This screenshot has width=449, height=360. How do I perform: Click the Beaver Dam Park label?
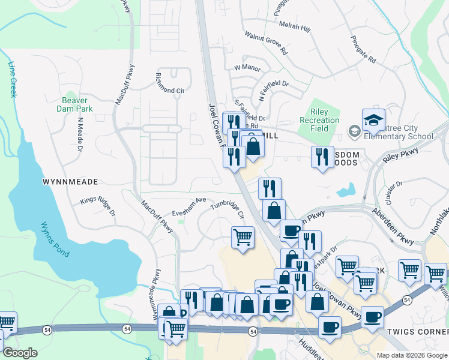tap(76, 105)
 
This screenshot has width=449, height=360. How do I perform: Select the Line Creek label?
tap(13, 79)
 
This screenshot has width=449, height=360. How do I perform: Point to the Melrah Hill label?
tap(295, 27)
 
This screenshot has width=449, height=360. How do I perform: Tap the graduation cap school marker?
tap(373, 120)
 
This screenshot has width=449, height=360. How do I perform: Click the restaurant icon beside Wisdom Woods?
tap(322, 157)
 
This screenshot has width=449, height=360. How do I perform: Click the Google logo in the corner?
tap(20, 353)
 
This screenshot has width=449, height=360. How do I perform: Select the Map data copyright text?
tap(411, 355)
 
